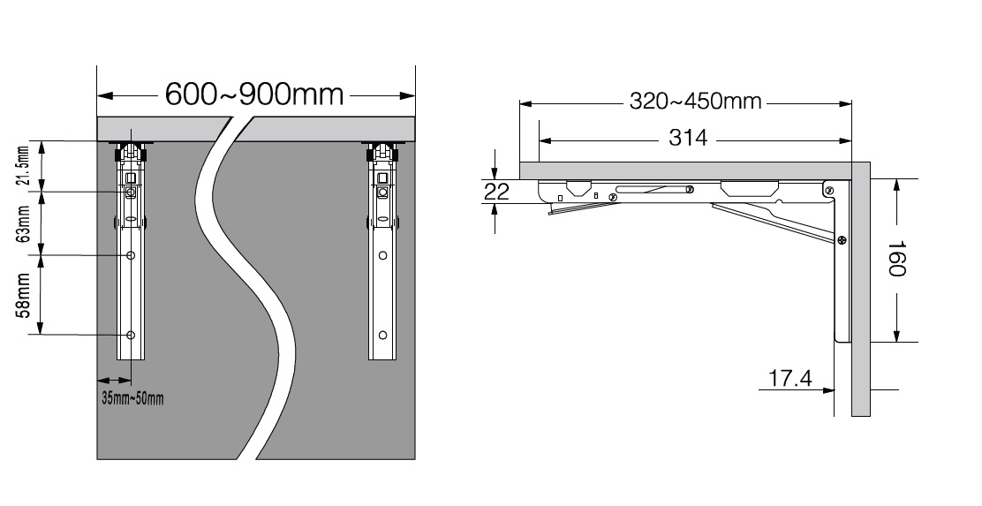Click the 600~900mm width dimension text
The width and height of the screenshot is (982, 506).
(x=254, y=94)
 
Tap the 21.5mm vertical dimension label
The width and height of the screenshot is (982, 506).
(x=23, y=166)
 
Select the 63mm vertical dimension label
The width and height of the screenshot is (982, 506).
(x=24, y=223)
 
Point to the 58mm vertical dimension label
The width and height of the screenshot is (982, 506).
(x=24, y=295)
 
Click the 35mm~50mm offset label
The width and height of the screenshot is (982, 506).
(x=132, y=397)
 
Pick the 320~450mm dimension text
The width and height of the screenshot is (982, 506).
(x=695, y=101)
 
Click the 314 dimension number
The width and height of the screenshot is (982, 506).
(x=688, y=138)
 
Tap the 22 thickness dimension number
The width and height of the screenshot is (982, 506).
(x=497, y=192)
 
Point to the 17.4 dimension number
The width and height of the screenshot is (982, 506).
(x=789, y=378)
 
